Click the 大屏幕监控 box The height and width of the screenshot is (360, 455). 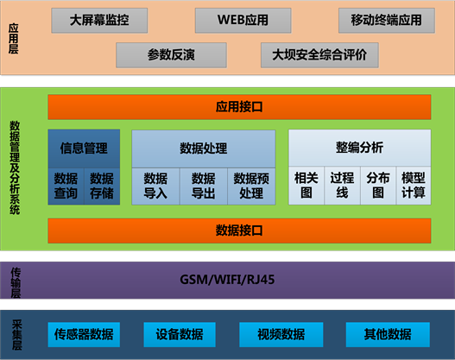[99, 21]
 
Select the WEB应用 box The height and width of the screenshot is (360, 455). [243, 21]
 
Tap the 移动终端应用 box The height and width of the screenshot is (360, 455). [387, 21]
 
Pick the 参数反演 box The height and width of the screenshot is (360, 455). [171, 55]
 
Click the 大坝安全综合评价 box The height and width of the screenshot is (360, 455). [319, 55]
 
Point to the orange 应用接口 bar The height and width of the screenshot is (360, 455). [239, 107]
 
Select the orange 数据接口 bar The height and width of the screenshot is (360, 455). [239, 231]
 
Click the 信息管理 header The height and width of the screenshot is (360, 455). [84, 148]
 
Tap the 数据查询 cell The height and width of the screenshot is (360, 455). [66, 186]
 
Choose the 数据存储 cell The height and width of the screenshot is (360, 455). [102, 186]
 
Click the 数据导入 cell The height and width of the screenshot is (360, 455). [155, 186]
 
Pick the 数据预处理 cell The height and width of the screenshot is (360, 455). [251, 186]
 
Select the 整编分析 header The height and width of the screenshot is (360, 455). [359, 148]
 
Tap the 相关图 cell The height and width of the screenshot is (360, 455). [306, 186]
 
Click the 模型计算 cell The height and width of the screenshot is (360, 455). [414, 186]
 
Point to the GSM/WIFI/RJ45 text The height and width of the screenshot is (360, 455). [227, 280]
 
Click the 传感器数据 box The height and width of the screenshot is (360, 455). [84, 334]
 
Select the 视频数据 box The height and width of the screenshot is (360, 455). [281, 334]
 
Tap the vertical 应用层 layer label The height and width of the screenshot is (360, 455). [13, 39]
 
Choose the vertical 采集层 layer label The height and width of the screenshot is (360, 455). [16, 335]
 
